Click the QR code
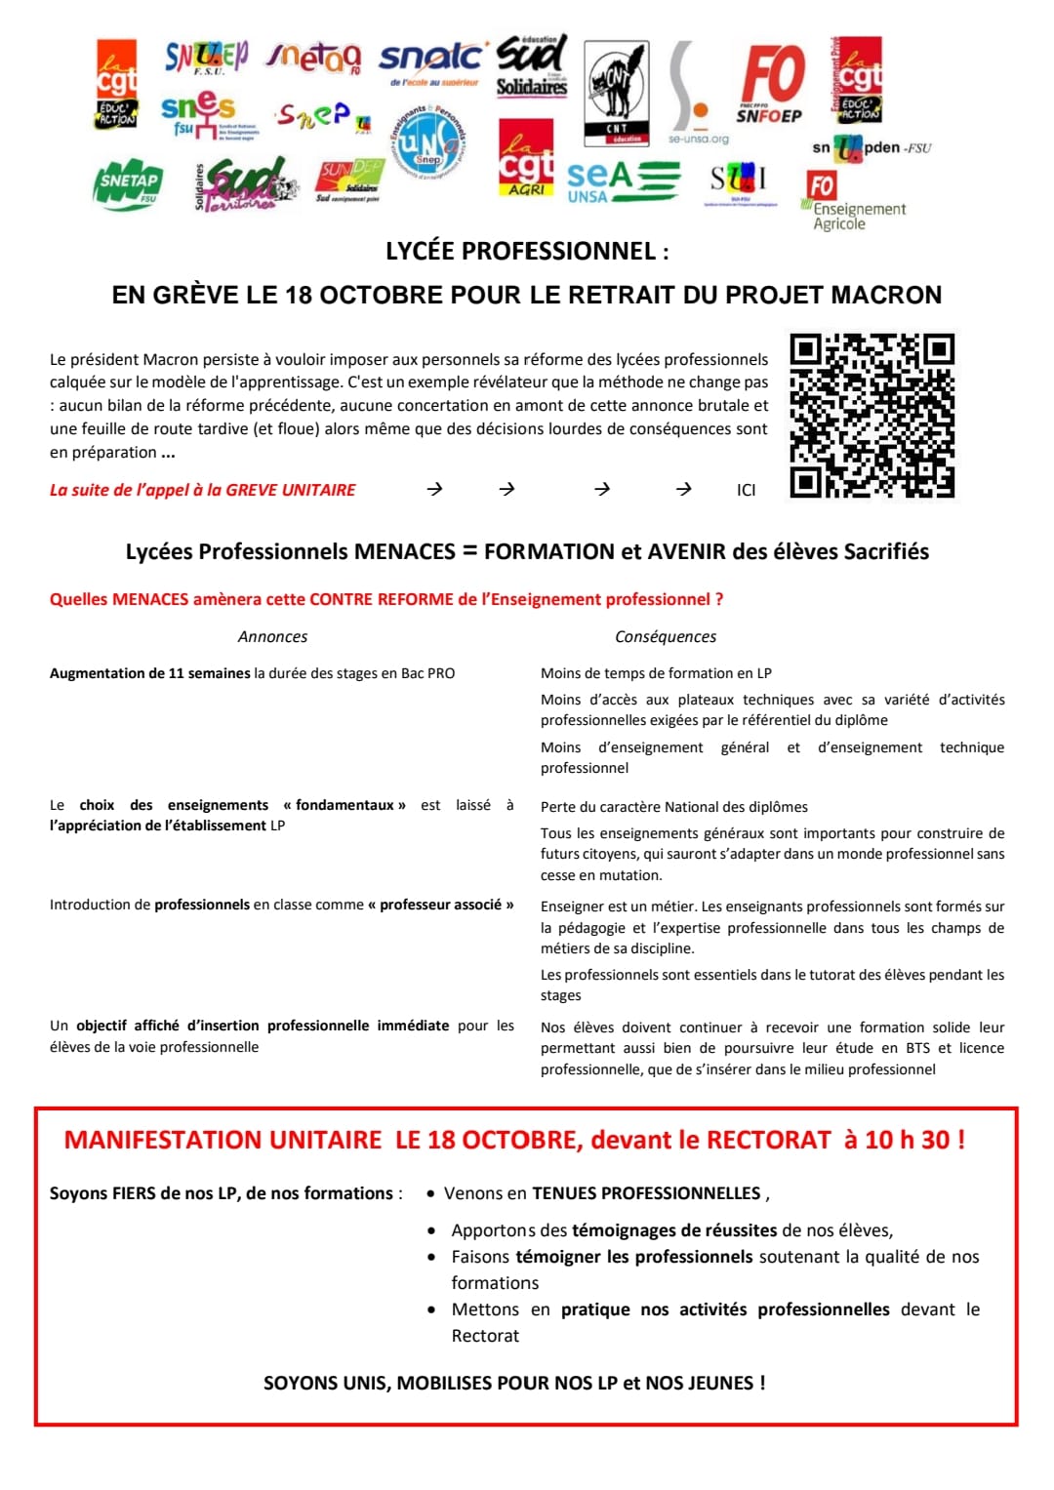872,416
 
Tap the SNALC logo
430,61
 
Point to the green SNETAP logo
129,183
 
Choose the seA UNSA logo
623,181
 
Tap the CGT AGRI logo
526,157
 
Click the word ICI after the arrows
746,490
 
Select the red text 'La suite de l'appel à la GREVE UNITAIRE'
203,490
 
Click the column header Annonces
272,637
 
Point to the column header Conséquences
666,637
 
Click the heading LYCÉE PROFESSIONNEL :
527,252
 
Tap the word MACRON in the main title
886,295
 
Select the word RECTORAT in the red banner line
769,1140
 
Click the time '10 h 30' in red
908,1140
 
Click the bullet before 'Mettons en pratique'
431,1309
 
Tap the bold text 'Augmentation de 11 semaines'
150,673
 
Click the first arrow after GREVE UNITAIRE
435,489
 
